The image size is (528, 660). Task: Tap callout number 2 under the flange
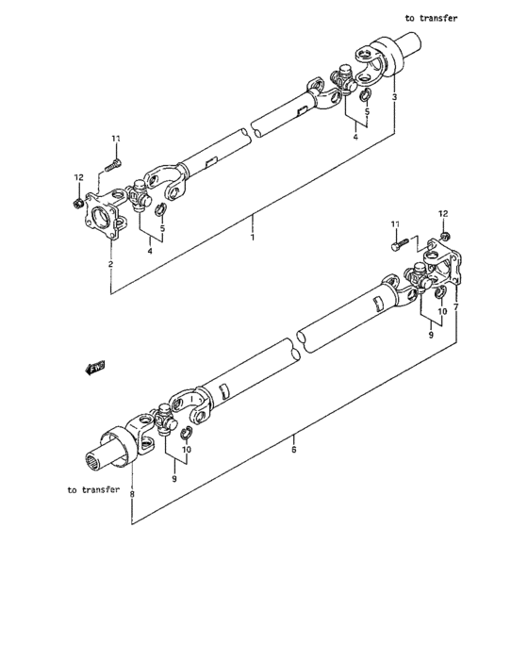pyautogui.click(x=110, y=264)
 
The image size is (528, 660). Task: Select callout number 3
pyautogui.click(x=394, y=97)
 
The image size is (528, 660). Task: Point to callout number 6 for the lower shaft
pyautogui.click(x=294, y=452)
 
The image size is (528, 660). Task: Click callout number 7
pyautogui.click(x=455, y=307)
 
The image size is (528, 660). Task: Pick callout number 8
pyautogui.click(x=132, y=493)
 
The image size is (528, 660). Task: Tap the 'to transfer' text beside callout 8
pyautogui.click(x=93, y=489)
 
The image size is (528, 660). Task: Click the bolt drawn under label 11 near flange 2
pyautogui.click(x=112, y=165)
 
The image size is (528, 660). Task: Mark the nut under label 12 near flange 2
pyautogui.click(x=77, y=200)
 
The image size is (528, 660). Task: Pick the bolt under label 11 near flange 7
pyautogui.click(x=398, y=246)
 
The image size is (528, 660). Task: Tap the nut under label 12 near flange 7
pyautogui.click(x=444, y=234)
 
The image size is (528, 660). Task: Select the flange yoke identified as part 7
pyautogui.click(x=444, y=265)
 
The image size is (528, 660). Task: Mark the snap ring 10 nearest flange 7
pyautogui.click(x=440, y=301)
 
